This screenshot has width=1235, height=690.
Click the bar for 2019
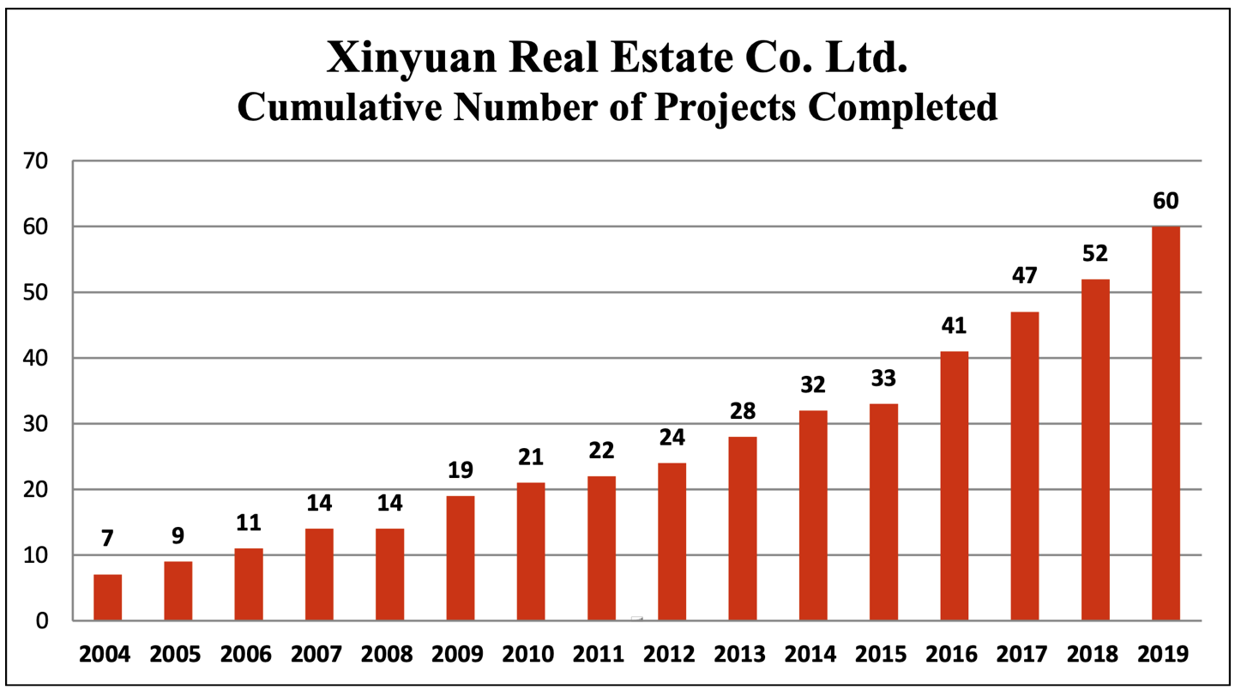(1166, 423)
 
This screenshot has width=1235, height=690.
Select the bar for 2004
(107, 597)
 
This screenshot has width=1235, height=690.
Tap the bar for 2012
(672, 542)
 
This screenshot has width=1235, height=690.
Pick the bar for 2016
(954, 486)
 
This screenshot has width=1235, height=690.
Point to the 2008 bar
(389, 574)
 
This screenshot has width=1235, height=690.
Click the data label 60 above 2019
(1166, 202)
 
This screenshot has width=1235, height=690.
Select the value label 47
(1024, 275)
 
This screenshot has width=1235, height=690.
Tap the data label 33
(883, 378)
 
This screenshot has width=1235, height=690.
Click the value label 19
(461, 470)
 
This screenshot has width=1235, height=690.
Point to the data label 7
(107, 539)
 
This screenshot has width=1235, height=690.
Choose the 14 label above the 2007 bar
(319, 503)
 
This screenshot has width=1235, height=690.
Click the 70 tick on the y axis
(36, 160)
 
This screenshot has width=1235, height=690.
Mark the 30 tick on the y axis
(36, 424)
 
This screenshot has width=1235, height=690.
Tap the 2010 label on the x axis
(530, 655)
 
